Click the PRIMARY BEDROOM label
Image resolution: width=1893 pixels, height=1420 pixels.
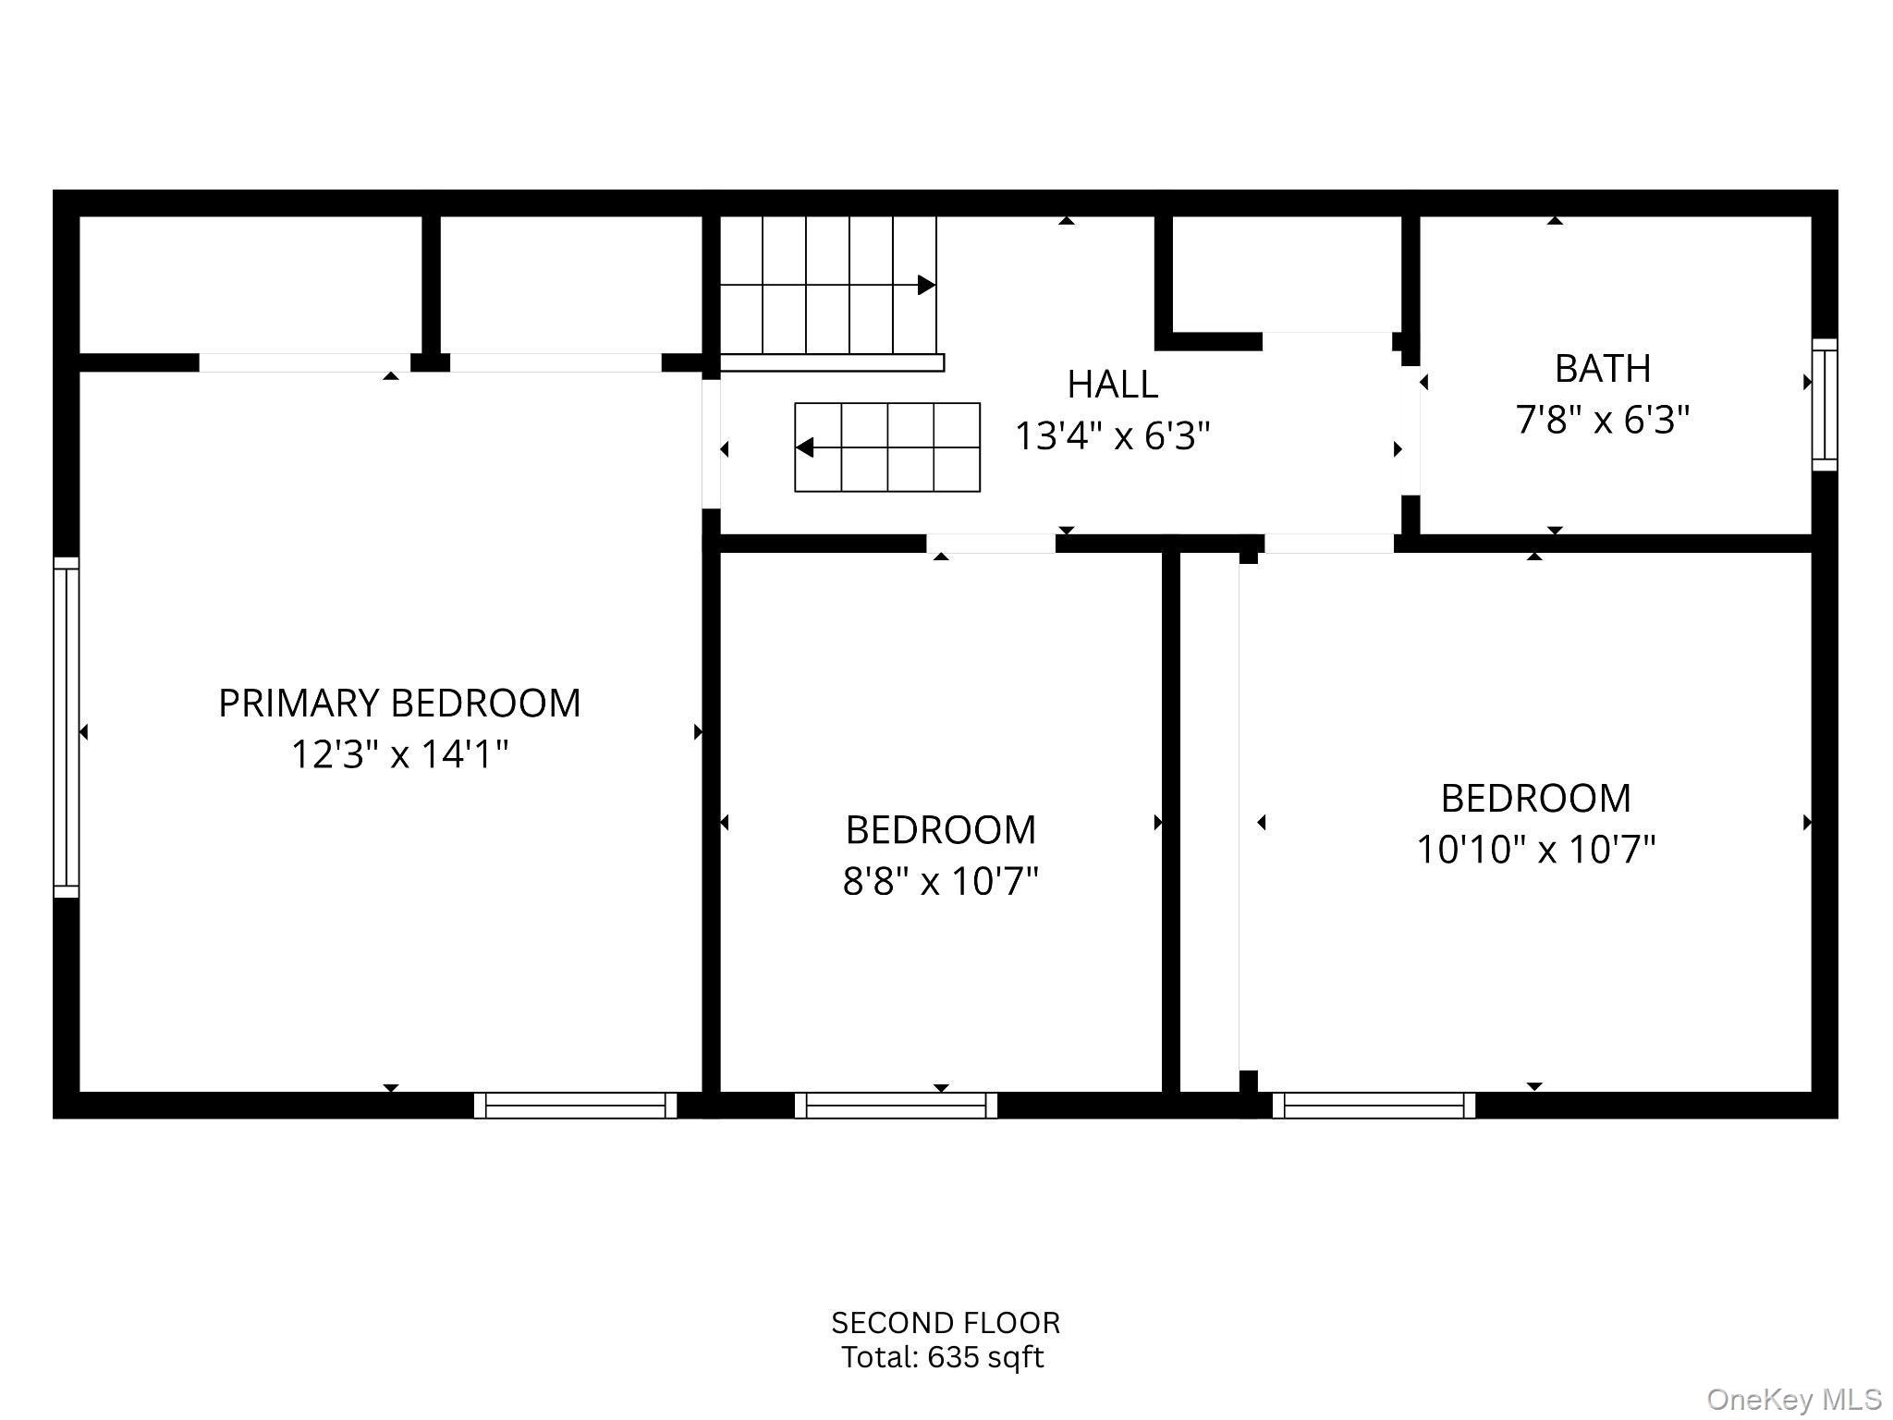[399, 704]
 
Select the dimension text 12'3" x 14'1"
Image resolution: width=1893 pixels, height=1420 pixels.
[399, 754]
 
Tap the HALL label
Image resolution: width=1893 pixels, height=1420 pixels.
[1112, 385]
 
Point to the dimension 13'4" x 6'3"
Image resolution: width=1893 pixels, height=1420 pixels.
[1112, 435]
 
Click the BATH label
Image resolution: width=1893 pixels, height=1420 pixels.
[1602, 369]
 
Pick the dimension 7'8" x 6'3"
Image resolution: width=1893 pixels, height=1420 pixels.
[1602, 420]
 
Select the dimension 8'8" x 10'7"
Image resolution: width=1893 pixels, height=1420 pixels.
[940, 881]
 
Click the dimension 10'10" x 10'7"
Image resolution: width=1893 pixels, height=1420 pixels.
[1535, 849]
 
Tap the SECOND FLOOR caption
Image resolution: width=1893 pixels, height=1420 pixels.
[945, 1323]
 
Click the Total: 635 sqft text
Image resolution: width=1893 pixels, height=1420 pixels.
[942, 1357]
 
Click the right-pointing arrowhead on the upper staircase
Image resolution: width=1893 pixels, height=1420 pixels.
[925, 286]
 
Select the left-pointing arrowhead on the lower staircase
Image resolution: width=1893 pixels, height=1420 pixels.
[805, 447]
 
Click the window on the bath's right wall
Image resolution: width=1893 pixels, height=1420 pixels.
[1824, 405]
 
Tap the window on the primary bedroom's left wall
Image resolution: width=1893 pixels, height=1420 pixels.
[67, 727]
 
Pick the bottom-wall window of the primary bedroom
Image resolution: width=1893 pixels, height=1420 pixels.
[575, 1105]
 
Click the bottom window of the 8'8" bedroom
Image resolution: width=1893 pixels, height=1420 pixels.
[896, 1105]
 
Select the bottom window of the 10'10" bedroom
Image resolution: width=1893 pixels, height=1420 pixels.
[1374, 1105]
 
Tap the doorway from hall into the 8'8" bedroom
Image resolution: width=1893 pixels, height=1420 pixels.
[991, 544]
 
